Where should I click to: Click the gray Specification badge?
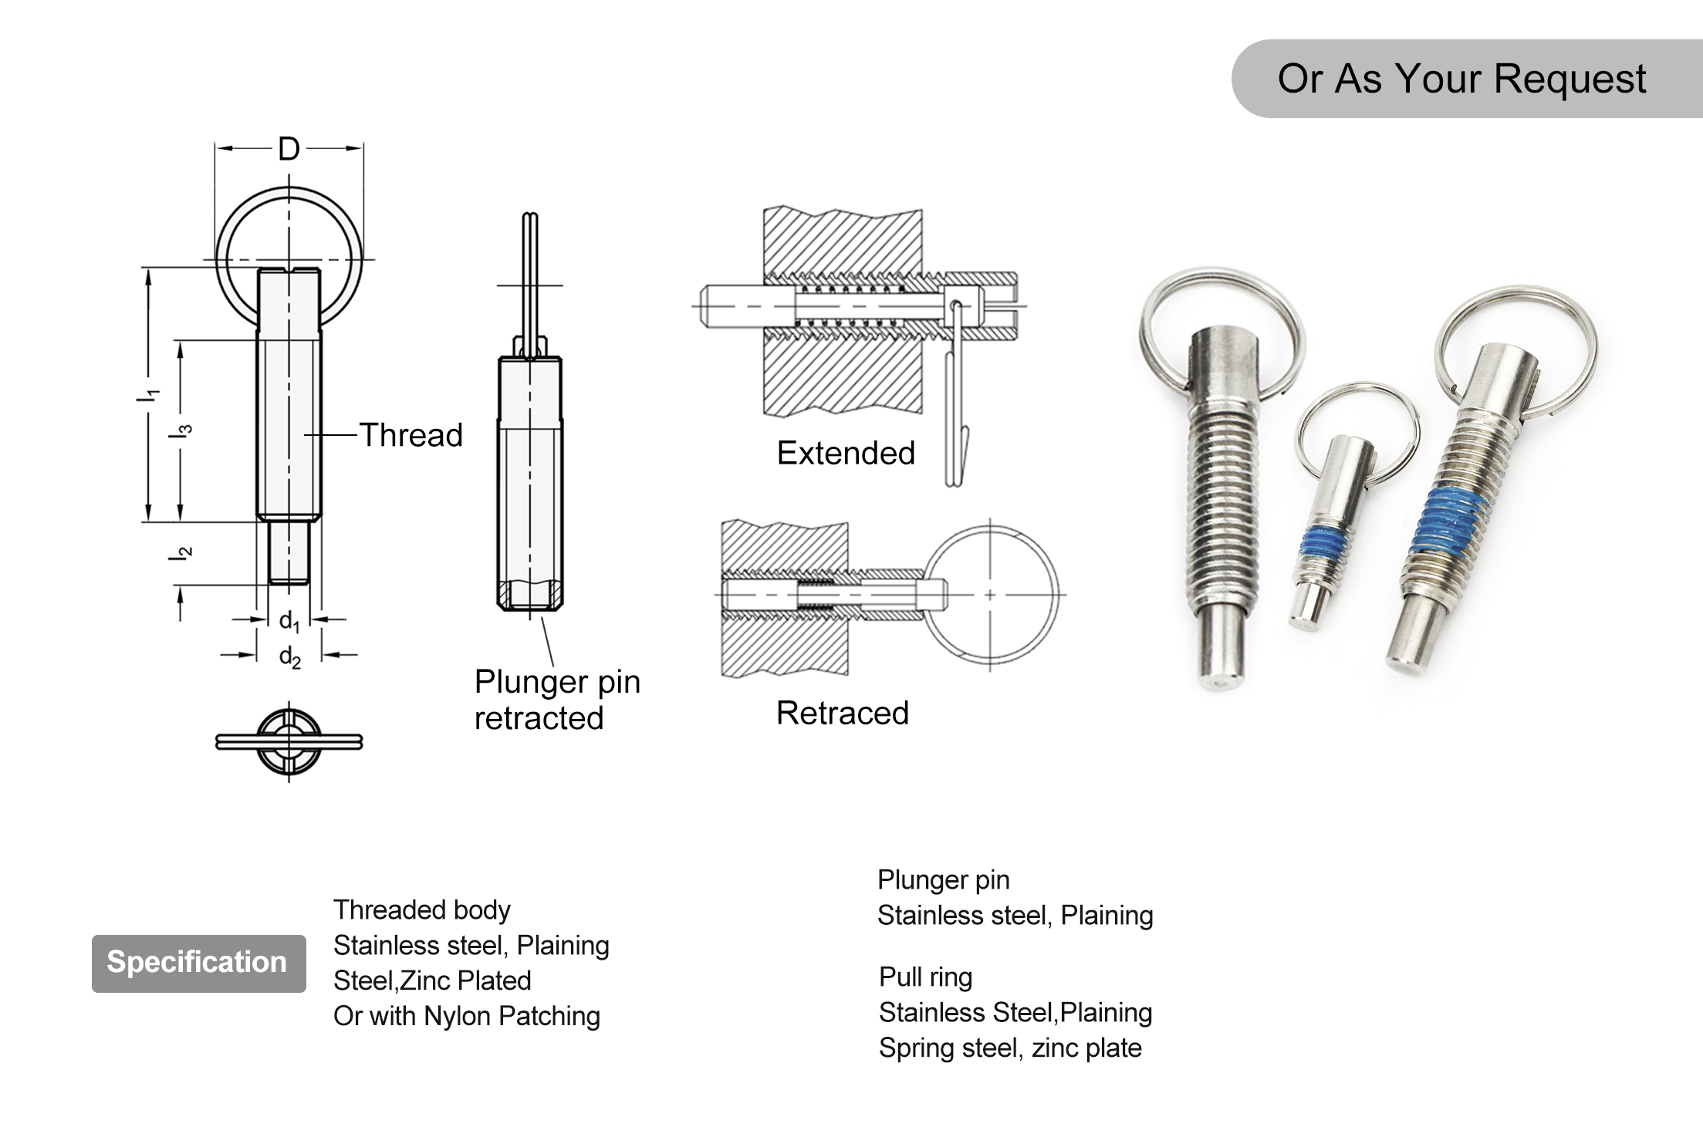point(198,963)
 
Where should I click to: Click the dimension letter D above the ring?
point(289,149)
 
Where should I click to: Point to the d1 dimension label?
point(289,621)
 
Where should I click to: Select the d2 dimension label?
point(289,657)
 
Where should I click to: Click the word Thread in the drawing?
point(411,435)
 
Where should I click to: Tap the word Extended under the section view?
point(846,453)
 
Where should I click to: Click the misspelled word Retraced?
point(842,713)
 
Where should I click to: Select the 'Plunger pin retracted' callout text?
point(556,699)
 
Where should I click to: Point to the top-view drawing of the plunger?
point(289,741)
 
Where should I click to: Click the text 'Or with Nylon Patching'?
point(466,1016)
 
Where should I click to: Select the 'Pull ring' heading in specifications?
point(925,977)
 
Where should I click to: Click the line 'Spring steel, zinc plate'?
point(1009,1048)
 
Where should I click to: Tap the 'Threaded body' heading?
point(421,909)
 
